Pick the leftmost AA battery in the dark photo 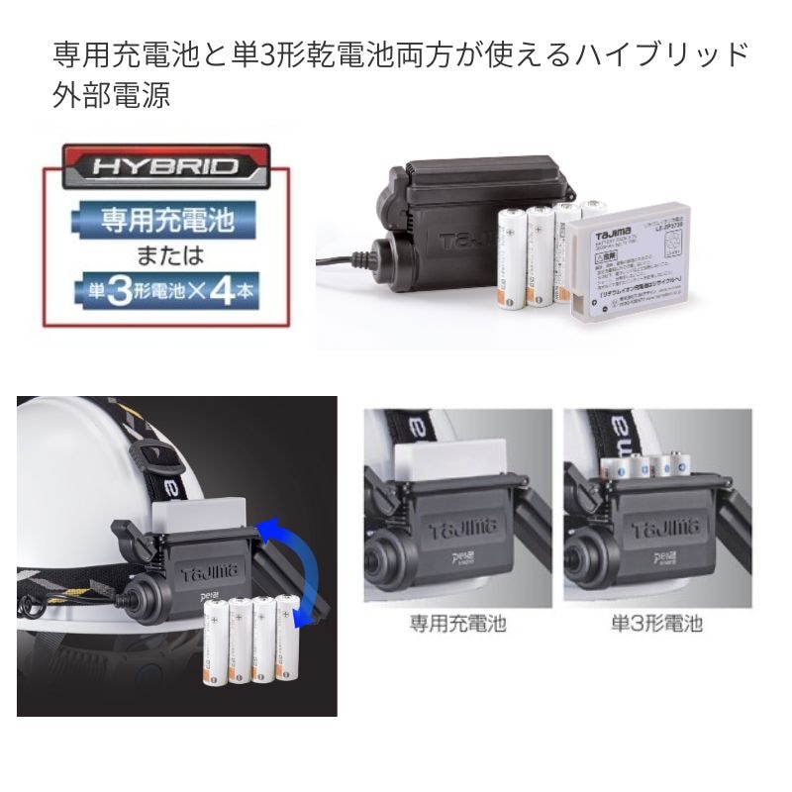[217, 648]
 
